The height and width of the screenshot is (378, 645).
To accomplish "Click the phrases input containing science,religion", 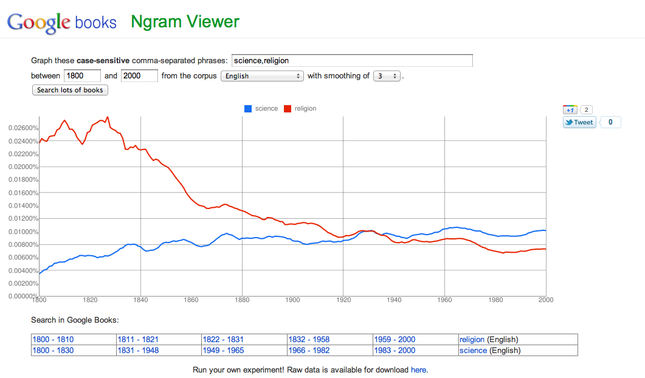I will (x=352, y=61).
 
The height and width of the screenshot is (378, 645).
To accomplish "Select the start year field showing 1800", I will (x=82, y=76).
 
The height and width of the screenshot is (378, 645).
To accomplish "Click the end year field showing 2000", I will (x=139, y=76).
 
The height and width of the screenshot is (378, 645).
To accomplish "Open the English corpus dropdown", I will (x=262, y=76).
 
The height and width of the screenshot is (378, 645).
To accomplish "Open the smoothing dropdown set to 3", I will (x=387, y=76).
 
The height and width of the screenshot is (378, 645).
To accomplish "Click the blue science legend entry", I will (x=261, y=109).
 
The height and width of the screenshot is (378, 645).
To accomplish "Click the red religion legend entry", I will (x=300, y=109).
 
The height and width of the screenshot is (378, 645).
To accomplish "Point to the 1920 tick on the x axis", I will (x=343, y=300).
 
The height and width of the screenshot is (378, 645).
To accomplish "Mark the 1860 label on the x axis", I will (x=191, y=300).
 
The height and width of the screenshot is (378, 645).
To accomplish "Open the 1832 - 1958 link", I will (x=309, y=340).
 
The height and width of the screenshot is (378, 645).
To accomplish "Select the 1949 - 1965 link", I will (x=223, y=351).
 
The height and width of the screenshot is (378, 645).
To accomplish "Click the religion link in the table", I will (x=472, y=340).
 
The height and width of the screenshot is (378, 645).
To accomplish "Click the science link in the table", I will (x=473, y=351).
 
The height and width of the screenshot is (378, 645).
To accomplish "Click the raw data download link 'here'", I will (x=418, y=369).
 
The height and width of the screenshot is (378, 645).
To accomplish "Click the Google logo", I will (x=38, y=22).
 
